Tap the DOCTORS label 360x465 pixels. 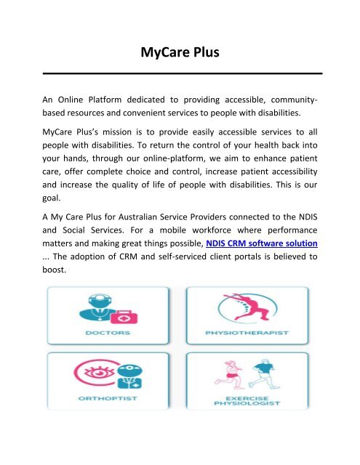pos(108,334)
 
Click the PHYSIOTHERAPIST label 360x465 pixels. pos(249,334)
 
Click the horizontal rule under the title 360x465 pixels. pos(180,73)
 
